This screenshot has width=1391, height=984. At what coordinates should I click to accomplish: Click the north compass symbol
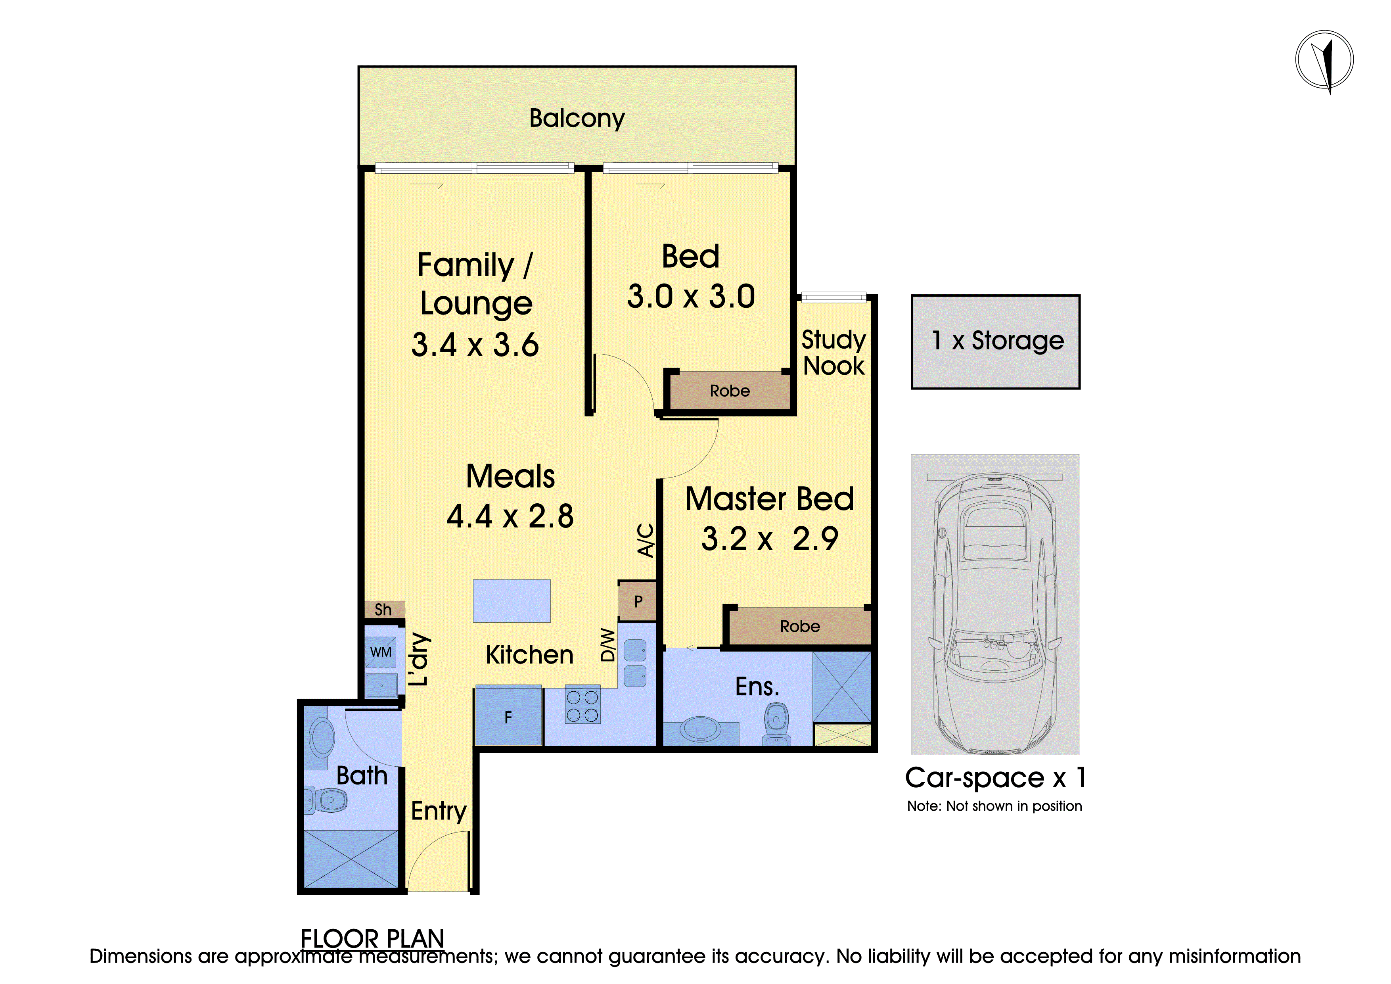(x=1324, y=61)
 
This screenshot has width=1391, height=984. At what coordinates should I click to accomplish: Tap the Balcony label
(x=577, y=119)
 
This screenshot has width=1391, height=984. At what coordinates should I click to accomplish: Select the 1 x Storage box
(x=995, y=342)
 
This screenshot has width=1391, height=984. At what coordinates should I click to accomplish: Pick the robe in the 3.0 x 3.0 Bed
(x=730, y=391)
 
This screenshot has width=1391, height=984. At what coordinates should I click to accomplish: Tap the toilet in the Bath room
(x=327, y=800)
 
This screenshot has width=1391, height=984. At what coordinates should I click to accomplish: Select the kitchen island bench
(x=512, y=600)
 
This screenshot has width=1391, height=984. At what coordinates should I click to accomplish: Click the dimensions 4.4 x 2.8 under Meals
(x=510, y=516)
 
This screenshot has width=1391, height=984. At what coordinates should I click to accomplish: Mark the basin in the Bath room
(x=322, y=737)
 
